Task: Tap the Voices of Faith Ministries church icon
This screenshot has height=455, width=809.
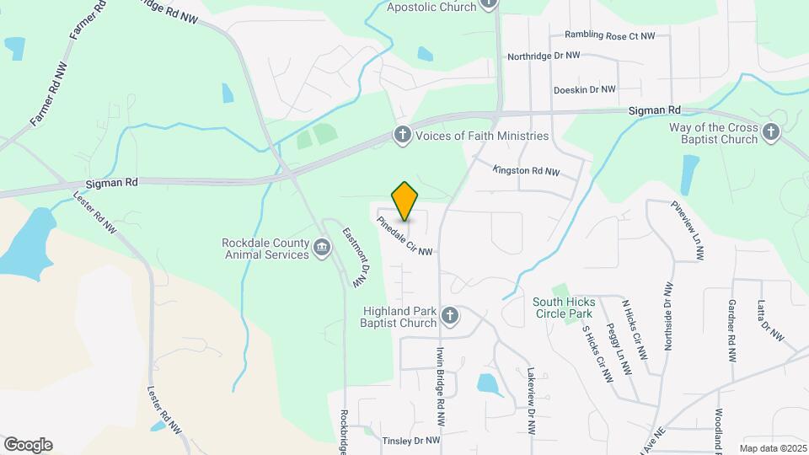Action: (x=403, y=135)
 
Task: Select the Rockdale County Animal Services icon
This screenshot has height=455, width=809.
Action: (x=321, y=248)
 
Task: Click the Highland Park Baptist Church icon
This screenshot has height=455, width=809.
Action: (x=450, y=316)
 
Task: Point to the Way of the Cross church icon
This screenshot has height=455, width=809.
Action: (x=770, y=131)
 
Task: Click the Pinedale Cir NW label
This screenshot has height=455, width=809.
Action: (x=405, y=237)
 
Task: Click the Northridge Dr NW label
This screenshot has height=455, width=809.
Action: (x=544, y=56)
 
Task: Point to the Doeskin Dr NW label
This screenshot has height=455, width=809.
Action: (x=584, y=89)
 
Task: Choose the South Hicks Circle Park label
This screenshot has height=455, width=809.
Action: (x=564, y=308)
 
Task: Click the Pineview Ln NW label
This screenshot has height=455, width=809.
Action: (x=687, y=230)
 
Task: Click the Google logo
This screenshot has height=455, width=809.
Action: (x=28, y=444)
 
